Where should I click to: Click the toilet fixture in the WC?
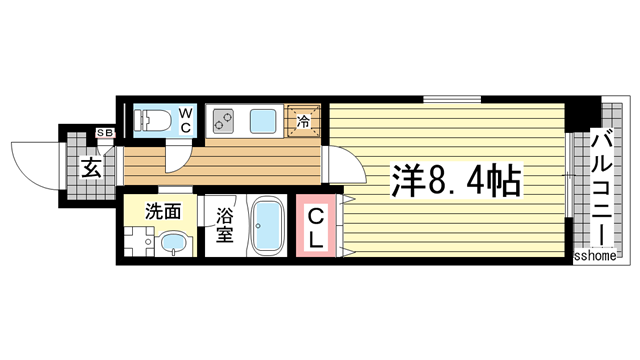click(156, 119)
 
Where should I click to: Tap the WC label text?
click(187, 120)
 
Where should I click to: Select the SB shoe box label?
click(104, 133)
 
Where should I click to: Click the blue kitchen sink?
click(264, 120)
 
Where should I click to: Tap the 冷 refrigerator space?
click(304, 121)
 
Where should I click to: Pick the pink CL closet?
click(314, 227)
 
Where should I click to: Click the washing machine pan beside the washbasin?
click(137, 242)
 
